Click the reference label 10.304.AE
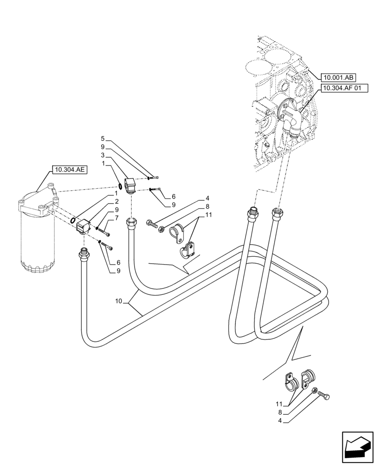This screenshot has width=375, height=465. [x=69, y=170]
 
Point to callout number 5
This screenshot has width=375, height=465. [x=103, y=139]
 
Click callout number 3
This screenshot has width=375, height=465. [x=103, y=155]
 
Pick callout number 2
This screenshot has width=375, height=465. [x=117, y=201]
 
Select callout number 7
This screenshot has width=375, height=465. [x=117, y=218]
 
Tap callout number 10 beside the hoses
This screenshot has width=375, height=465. [x=119, y=301]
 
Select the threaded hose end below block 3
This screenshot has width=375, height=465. [x=131, y=224]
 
